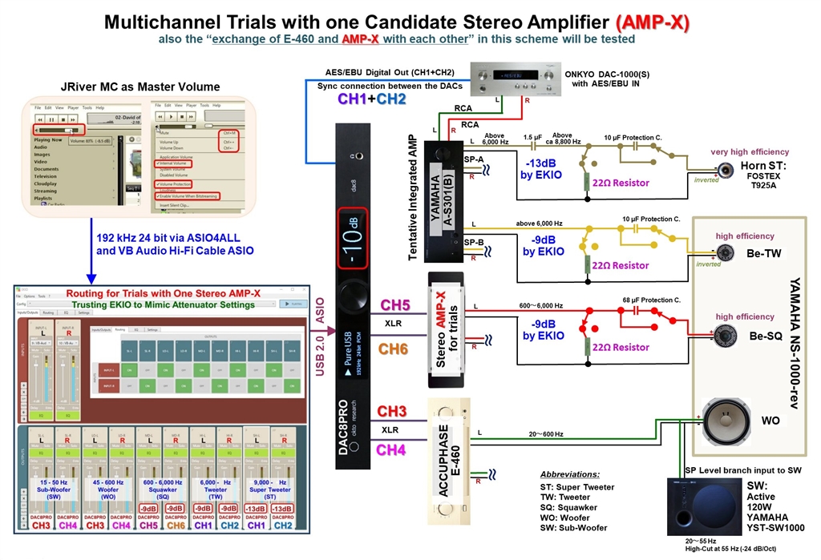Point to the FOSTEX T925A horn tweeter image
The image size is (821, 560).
[x=726, y=170]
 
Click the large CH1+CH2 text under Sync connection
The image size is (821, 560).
[x=372, y=99]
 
